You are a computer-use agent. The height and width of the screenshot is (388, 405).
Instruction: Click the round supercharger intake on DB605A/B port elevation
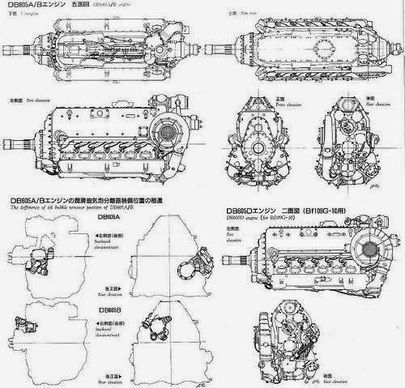click(x=171, y=134)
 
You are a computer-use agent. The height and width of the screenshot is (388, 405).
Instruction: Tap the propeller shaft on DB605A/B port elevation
click(x=19, y=149)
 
